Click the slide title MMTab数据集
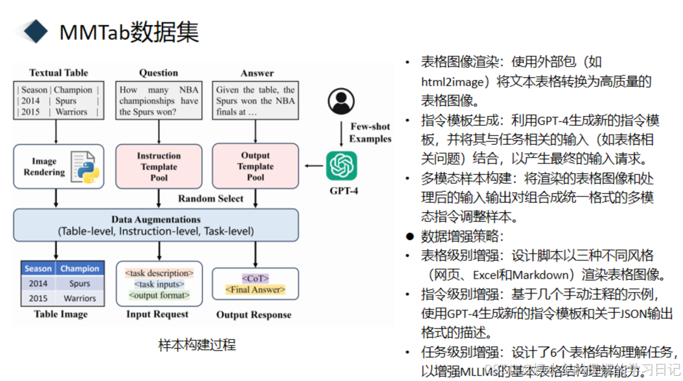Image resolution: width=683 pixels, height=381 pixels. point(129,32)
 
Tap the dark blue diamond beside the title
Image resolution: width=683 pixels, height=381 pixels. point(35,32)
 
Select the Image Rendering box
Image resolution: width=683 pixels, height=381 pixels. point(58,167)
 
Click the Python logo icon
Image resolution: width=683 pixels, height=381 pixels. point(85,167)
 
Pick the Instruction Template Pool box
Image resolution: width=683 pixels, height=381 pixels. point(159,167)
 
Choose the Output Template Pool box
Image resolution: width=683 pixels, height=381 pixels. point(255,166)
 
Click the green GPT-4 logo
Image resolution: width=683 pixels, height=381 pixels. point(342,166)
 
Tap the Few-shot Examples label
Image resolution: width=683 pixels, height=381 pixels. point(370,133)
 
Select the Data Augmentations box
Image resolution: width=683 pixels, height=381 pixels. point(156,225)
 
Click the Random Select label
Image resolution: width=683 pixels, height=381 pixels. point(210,198)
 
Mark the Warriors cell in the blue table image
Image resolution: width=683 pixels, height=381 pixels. point(80,298)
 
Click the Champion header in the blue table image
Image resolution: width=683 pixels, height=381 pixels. point(80,268)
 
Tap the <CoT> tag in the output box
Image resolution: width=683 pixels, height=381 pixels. point(255,278)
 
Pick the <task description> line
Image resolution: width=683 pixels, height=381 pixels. point(159,274)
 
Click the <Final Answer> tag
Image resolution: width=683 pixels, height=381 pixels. point(255,289)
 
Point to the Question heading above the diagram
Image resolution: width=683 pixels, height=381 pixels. point(159,73)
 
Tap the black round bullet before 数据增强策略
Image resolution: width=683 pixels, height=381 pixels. point(410,237)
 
